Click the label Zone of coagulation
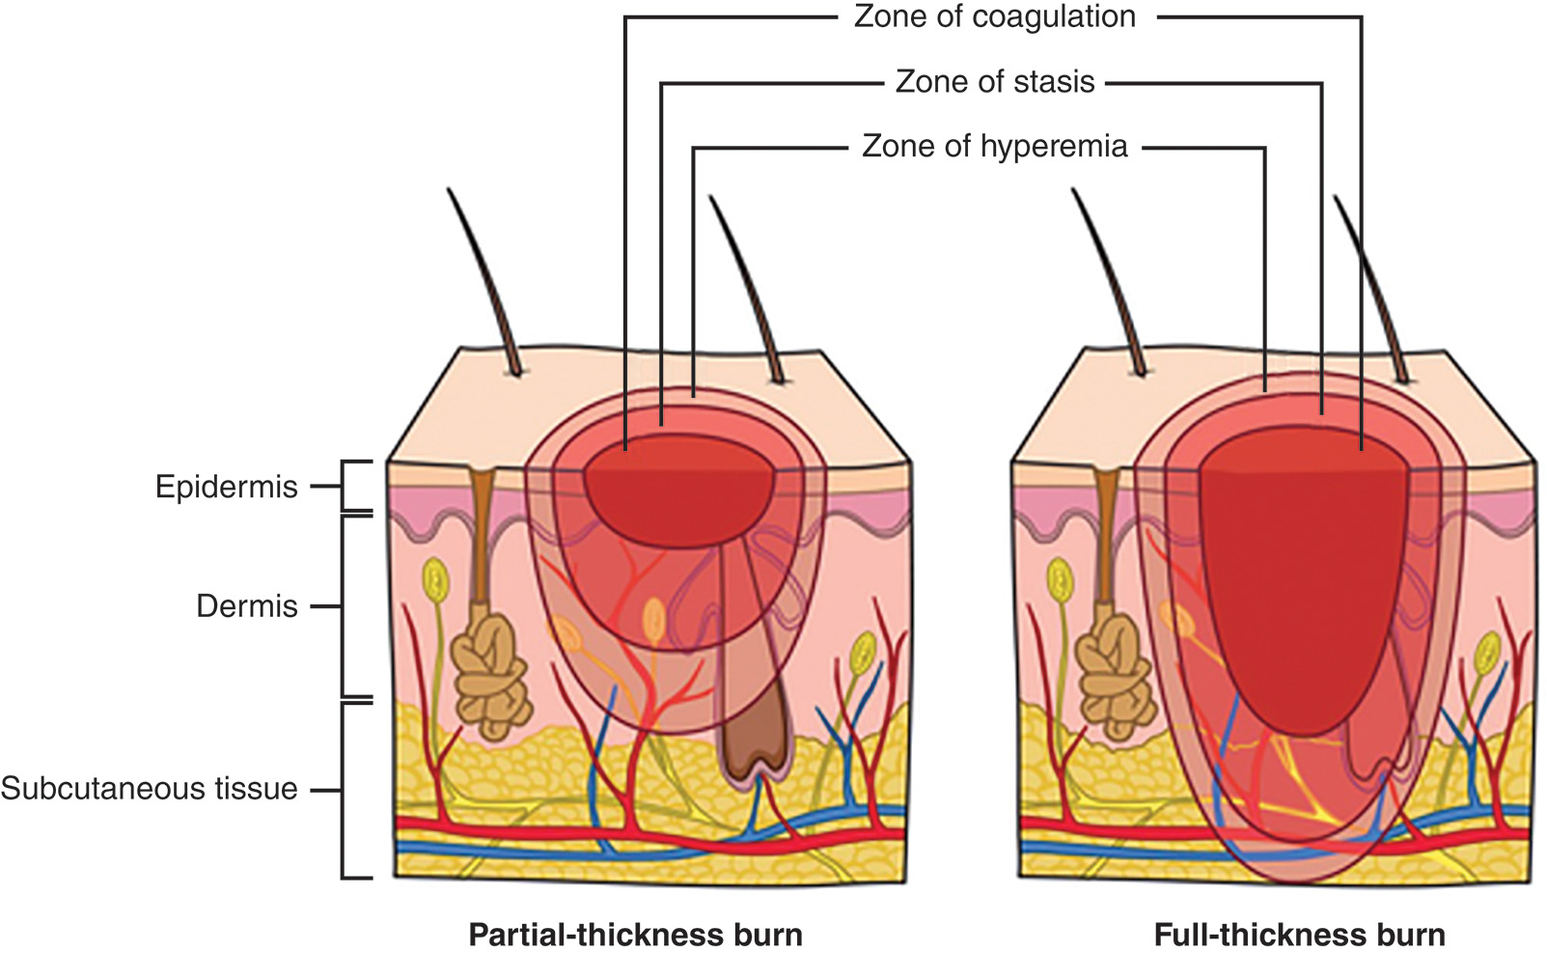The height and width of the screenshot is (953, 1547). coord(994,17)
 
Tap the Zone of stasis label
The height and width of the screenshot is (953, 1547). coord(994,82)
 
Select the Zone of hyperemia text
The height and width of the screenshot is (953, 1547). coord(994,147)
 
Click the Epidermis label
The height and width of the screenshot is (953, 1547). coord(227,487)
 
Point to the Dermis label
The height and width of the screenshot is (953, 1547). coord(247,606)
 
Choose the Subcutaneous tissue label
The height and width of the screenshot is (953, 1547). coord(150,789)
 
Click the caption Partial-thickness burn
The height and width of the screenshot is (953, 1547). coord(635,935)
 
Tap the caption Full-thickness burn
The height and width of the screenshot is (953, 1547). coord(1299,935)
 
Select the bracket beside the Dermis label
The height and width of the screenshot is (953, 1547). coord(345,606)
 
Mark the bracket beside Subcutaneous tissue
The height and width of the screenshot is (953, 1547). coord(345,789)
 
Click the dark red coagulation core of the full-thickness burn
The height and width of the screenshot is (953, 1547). coord(1303,570)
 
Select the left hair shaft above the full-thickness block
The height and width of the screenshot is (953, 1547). coord(1110,280)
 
